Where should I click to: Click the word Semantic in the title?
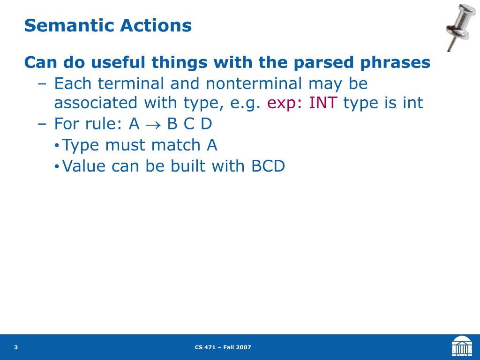click(x=69, y=25)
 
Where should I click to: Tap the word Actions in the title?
click(x=156, y=25)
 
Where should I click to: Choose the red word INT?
click(x=323, y=103)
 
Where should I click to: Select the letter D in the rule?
click(x=206, y=124)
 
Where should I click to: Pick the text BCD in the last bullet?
click(x=268, y=166)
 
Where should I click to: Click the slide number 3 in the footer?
click(x=16, y=347)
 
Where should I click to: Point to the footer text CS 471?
click(x=205, y=347)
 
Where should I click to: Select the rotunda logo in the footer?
click(x=462, y=346)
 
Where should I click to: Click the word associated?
click(x=96, y=103)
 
